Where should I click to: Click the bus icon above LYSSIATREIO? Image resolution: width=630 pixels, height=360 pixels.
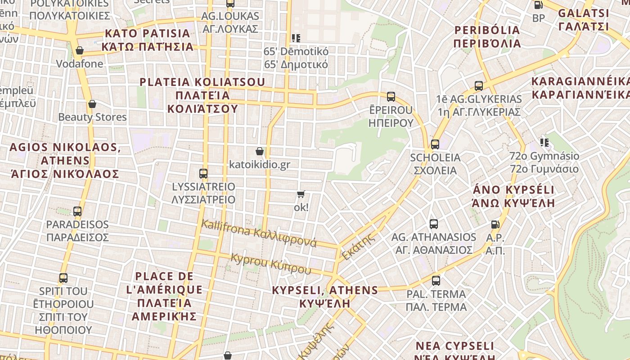(x=203, y=173)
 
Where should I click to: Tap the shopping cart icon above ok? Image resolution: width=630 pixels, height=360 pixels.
(x=301, y=194)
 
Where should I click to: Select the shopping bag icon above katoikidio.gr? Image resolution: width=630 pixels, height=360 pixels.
(x=260, y=151)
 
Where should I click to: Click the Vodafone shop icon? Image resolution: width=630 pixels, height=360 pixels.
(x=80, y=50)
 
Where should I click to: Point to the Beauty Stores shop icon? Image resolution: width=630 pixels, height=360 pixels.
(x=92, y=104)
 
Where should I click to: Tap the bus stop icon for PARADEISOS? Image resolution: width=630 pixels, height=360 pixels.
(x=77, y=211)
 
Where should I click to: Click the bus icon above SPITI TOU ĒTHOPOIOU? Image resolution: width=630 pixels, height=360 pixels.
(x=63, y=278)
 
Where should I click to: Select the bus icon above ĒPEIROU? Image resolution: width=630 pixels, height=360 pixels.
(x=391, y=96)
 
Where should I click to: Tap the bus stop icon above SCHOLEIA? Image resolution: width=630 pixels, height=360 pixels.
(x=435, y=144)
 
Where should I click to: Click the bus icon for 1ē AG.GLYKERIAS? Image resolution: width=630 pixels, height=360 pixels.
(x=479, y=85)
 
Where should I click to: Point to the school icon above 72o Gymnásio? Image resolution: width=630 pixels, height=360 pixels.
(x=544, y=143)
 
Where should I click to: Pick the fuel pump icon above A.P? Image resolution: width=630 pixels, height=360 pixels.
(x=495, y=224)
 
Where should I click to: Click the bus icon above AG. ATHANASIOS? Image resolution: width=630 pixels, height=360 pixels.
(x=434, y=224)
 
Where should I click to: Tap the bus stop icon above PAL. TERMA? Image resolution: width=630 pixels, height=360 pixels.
(x=436, y=281)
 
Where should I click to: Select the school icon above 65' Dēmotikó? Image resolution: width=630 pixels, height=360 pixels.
(x=296, y=38)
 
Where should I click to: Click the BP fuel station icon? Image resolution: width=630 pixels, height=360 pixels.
(x=538, y=5)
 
